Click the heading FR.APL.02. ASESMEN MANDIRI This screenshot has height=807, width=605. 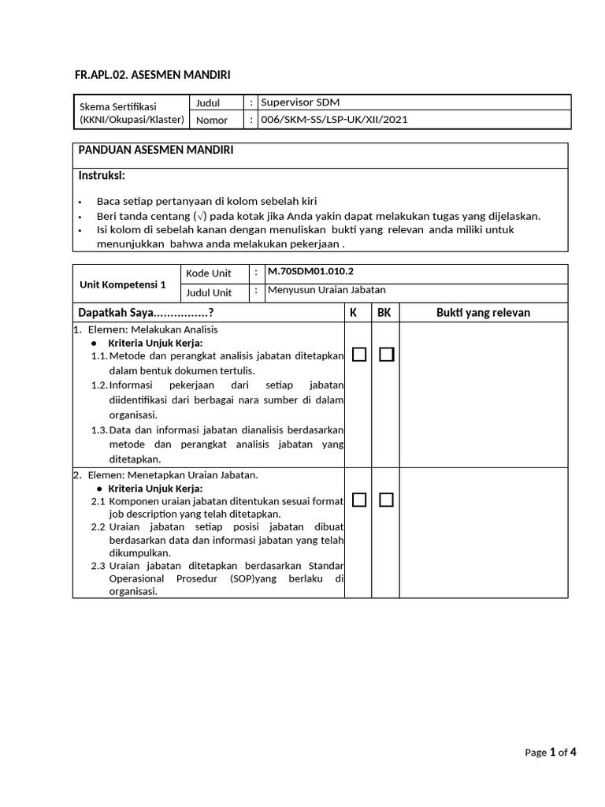[x=153, y=74]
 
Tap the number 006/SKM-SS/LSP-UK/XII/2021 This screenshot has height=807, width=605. [x=334, y=120]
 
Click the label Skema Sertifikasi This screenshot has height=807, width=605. [x=118, y=106]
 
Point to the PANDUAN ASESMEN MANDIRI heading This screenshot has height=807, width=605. [x=155, y=150]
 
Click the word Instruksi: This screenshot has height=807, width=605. [x=102, y=174]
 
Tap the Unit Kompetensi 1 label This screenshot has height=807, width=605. [x=124, y=284]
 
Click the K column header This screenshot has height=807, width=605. [x=354, y=313]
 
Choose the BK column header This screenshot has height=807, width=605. [x=384, y=313]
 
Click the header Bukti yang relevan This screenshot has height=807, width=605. [x=483, y=313]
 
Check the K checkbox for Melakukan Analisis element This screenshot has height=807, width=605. [x=359, y=355]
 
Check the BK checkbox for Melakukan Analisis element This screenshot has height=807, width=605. [x=386, y=355]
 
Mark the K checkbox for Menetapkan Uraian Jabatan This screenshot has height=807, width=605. [x=359, y=500]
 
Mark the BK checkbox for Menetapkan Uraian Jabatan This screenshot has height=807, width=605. [x=386, y=500]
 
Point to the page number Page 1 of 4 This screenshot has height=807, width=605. [x=551, y=752]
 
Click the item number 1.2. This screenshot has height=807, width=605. [x=98, y=385]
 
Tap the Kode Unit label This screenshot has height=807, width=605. [x=208, y=273]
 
